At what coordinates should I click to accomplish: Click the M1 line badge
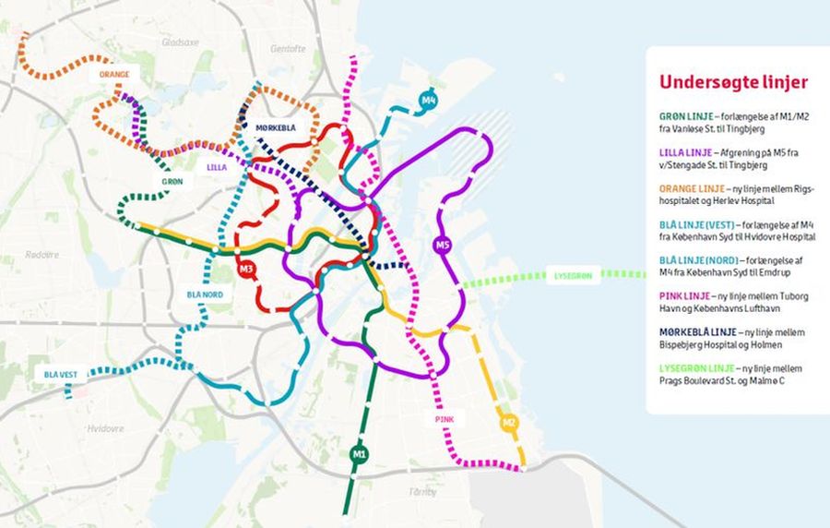click(360, 453)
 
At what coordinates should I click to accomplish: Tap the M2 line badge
click(508, 424)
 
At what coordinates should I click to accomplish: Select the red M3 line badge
click(246, 270)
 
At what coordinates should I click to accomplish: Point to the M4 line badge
click(428, 100)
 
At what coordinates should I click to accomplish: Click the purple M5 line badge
click(443, 246)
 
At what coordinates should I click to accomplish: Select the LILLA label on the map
click(218, 167)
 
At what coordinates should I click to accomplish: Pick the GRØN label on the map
click(172, 182)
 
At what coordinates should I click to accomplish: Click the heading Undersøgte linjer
click(733, 82)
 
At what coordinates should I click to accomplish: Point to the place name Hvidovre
click(105, 428)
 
